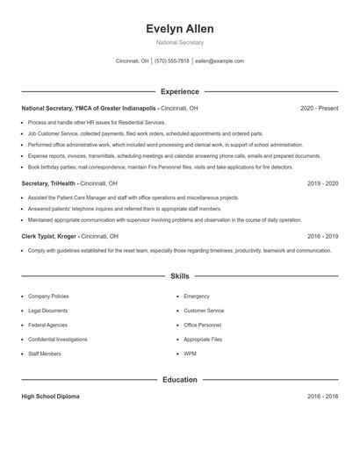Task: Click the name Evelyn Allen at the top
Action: point(180,29)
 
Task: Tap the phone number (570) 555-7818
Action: point(171,61)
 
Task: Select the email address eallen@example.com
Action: point(220,61)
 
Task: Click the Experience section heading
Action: point(180,91)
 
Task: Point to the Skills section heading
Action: point(180,276)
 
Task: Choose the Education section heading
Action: point(180,380)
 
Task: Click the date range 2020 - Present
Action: point(319,108)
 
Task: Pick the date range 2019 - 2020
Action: point(322,183)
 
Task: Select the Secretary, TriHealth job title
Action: point(49,183)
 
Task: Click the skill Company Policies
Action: point(48,297)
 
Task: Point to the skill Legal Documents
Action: point(47,311)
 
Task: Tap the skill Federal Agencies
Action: point(47,325)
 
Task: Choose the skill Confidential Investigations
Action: point(57,339)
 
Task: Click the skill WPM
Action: point(190,353)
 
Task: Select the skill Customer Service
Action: point(204,311)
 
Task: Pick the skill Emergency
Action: point(197,297)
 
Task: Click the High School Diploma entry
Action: point(50,397)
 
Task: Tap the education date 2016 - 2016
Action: point(322,397)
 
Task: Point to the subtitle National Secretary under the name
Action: point(180,42)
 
